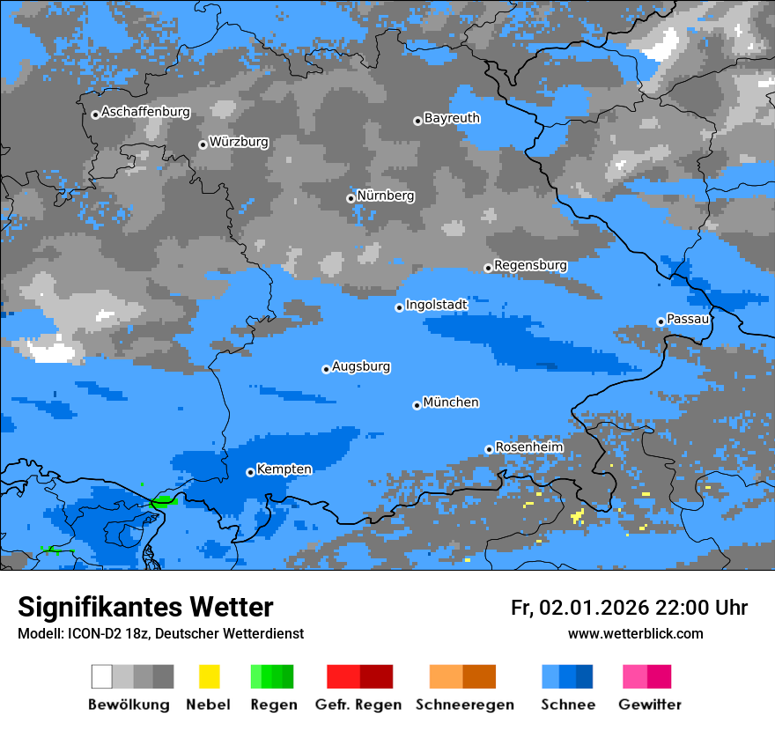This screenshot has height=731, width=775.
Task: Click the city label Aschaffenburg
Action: [145, 112]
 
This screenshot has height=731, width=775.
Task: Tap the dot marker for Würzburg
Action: [203, 144]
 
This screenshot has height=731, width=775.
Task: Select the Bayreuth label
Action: [452, 118]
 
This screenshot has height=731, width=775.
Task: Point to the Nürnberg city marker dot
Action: [351, 198]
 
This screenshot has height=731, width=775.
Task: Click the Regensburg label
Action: [530, 265]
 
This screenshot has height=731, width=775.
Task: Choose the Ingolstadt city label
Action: [436, 305]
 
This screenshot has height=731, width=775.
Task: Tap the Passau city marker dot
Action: [661, 321]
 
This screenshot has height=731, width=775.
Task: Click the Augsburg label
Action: [361, 366]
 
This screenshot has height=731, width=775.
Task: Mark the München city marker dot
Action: [417, 405]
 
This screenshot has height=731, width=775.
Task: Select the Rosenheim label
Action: [528, 447]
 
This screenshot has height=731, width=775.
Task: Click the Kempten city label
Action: [284, 469]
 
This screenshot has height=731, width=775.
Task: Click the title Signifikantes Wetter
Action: [145, 608]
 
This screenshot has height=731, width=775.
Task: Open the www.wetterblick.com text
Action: [635, 634]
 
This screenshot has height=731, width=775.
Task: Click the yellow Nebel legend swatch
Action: [209, 676]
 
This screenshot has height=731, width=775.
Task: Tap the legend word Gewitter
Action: [649, 705]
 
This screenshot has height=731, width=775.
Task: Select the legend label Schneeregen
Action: [464, 705]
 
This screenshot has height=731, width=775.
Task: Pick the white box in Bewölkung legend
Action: [102, 676]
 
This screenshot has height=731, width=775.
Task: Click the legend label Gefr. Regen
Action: [358, 705]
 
